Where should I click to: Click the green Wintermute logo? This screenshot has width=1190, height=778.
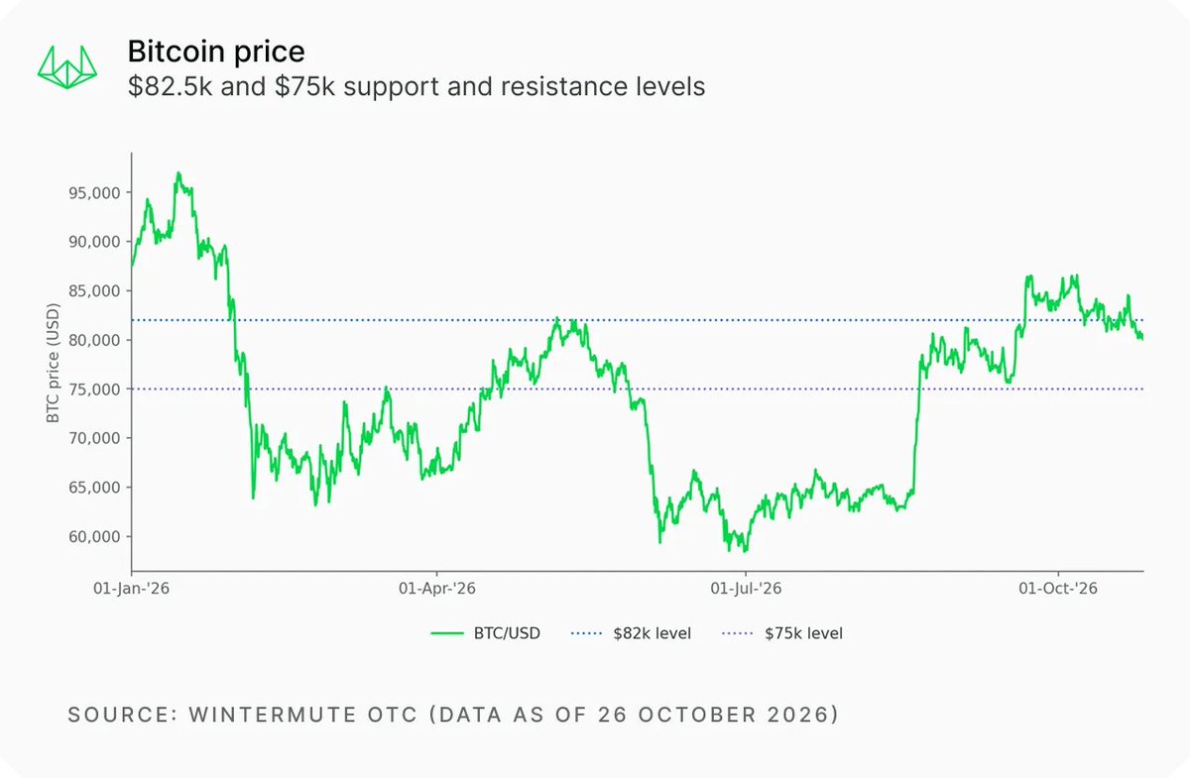[x=67, y=67]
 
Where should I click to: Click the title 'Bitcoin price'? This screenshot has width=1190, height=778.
[x=216, y=52]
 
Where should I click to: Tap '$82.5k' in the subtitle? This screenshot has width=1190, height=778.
[x=170, y=86]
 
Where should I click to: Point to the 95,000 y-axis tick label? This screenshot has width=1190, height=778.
[x=94, y=193]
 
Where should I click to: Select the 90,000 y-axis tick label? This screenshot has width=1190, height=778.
[x=94, y=242]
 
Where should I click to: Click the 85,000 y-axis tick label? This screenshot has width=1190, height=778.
[x=94, y=291]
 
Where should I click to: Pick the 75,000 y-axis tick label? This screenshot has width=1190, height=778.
[x=94, y=389]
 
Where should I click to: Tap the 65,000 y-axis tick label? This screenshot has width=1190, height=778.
[x=94, y=488]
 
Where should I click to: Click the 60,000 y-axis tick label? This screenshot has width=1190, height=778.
[x=94, y=537]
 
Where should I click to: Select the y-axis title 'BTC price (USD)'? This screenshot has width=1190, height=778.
[x=53, y=364]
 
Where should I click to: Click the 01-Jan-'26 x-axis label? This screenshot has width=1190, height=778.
[x=131, y=589]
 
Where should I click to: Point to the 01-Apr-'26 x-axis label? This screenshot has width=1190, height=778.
[x=437, y=589]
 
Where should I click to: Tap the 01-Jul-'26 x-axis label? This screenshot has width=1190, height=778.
[x=746, y=589]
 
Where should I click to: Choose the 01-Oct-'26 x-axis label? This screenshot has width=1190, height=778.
[x=1058, y=589]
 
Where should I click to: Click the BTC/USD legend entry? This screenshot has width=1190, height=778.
[x=486, y=633]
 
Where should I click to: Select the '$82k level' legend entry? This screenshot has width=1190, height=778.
[x=631, y=633]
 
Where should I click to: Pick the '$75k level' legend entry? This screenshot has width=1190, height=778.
[x=782, y=633]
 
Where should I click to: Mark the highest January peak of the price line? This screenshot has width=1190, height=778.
[x=178, y=172]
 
